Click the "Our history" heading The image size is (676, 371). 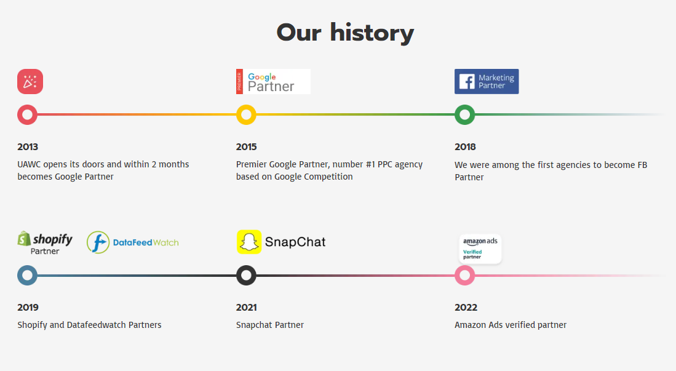click(345, 33)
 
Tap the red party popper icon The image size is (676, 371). click(30, 82)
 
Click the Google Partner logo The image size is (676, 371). click(273, 82)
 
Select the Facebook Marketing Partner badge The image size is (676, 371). click(487, 82)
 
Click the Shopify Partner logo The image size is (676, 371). click(45, 242)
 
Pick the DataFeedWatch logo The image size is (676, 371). click(133, 242)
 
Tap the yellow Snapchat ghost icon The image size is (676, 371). click(249, 242)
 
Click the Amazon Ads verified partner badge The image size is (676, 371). click(480, 249)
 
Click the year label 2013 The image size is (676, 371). click(28, 147)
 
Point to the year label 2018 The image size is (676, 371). click(465, 147)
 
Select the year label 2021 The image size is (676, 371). click(246, 308)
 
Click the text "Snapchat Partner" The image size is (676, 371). click(270, 325)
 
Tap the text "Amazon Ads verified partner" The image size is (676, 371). click(511, 325)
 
